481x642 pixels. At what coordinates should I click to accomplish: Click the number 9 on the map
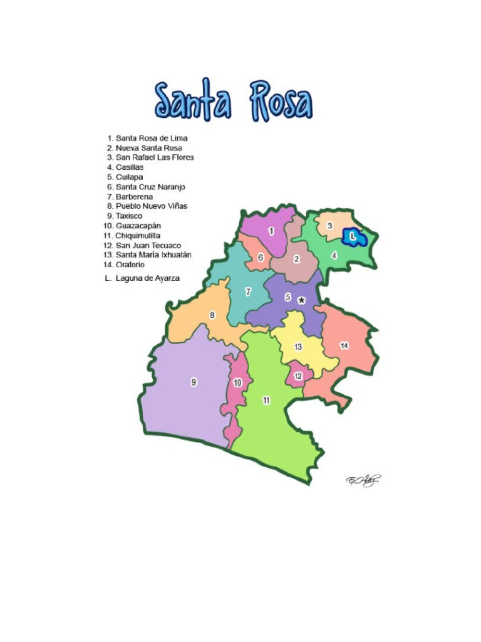tap(194, 382)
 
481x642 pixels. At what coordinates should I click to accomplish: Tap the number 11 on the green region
tap(266, 400)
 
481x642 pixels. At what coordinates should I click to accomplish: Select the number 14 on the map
tap(344, 345)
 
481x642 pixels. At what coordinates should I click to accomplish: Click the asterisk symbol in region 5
tap(302, 301)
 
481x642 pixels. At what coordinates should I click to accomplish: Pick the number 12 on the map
tap(298, 376)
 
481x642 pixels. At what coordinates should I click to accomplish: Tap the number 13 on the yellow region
tap(298, 347)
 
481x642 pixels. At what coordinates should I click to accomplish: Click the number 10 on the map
tap(237, 382)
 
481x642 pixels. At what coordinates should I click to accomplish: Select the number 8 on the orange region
tap(212, 315)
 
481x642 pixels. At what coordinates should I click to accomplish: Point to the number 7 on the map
tap(248, 292)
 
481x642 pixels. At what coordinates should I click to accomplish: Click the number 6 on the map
tap(261, 257)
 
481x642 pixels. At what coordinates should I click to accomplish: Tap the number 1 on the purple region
tap(271, 231)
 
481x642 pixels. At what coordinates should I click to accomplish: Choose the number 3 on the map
tap(329, 225)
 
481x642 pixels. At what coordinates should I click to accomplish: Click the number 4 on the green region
tap(334, 255)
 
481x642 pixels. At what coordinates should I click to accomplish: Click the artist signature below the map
tap(364, 480)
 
